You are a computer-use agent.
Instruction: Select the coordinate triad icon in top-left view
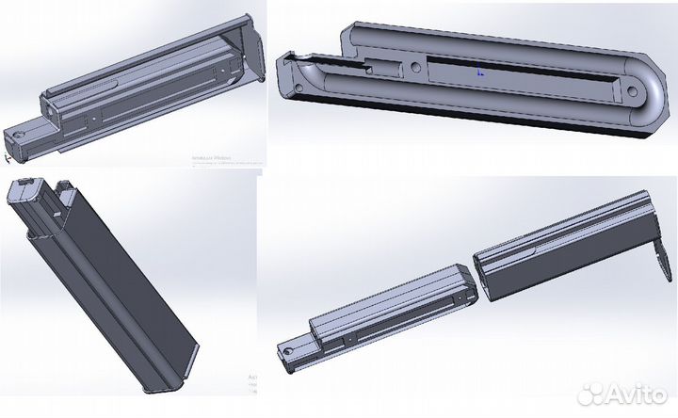coord(8,157)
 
